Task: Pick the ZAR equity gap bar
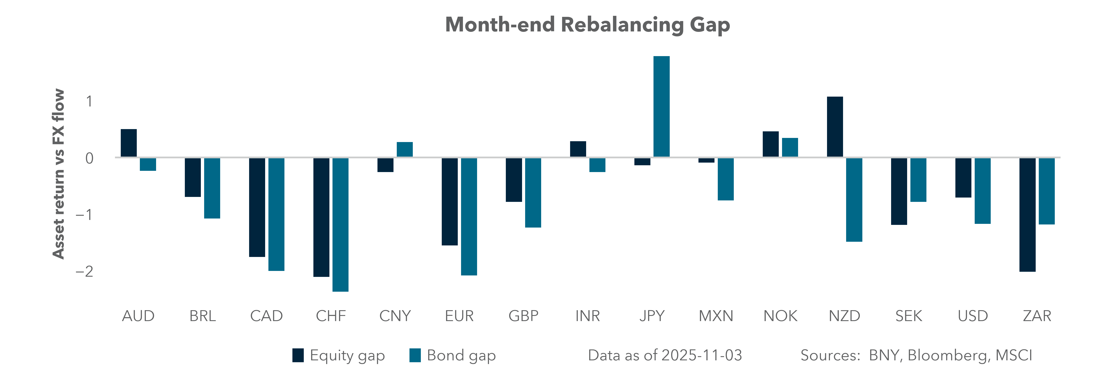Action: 1027,215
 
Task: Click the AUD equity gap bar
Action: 129,143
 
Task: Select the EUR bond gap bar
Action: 469,216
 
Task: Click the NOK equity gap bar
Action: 771,144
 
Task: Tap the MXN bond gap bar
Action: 725,179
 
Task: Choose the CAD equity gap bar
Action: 257,207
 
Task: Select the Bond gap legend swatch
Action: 415,355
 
